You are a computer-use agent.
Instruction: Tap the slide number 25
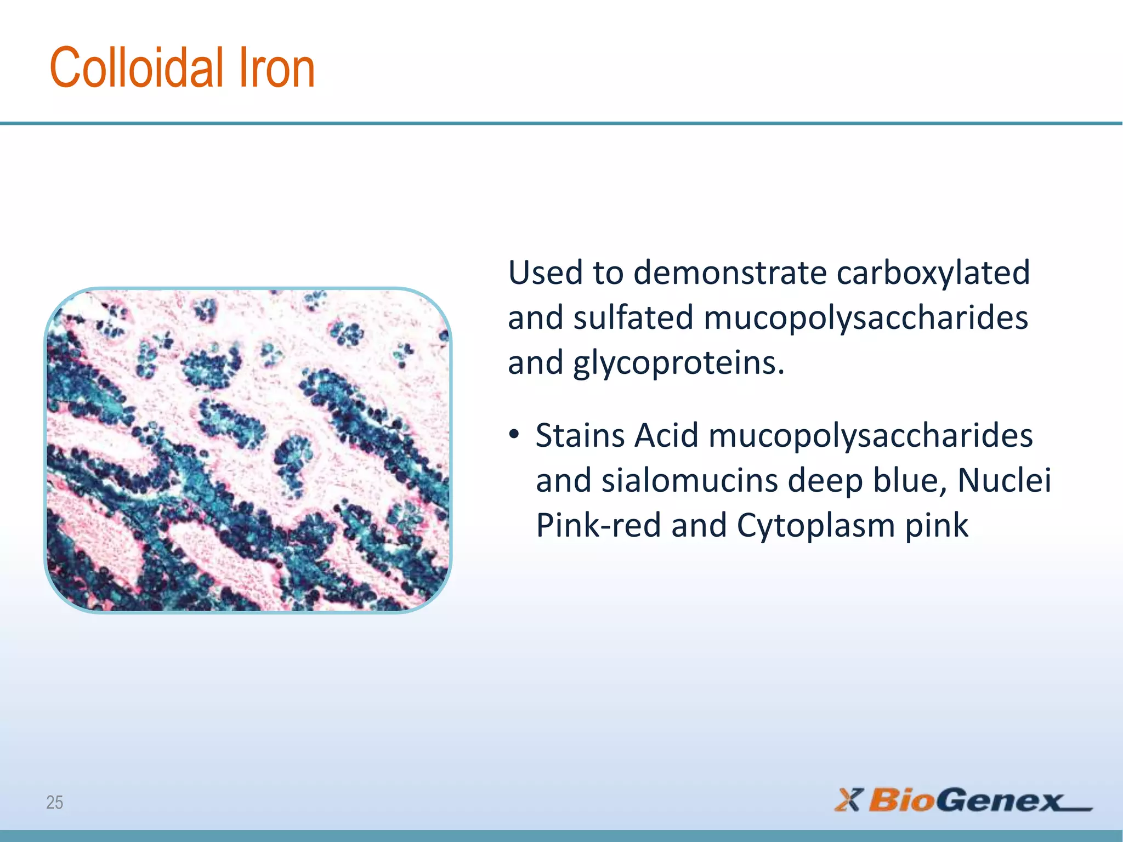[54, 803]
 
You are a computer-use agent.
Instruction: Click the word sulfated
[633, 318]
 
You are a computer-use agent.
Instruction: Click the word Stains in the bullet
[581, 436]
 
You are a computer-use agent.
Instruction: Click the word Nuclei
[1004, 481]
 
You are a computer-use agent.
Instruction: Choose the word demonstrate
[730, 272]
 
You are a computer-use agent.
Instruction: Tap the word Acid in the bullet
[666, 436]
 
